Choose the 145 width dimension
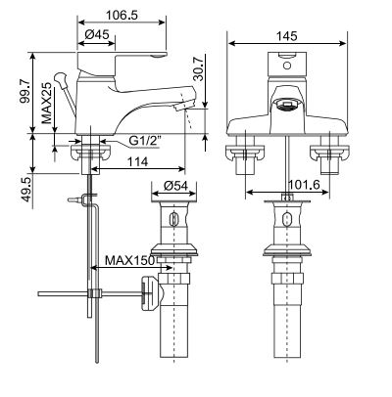point(286,35)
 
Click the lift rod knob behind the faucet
point(60,77)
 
